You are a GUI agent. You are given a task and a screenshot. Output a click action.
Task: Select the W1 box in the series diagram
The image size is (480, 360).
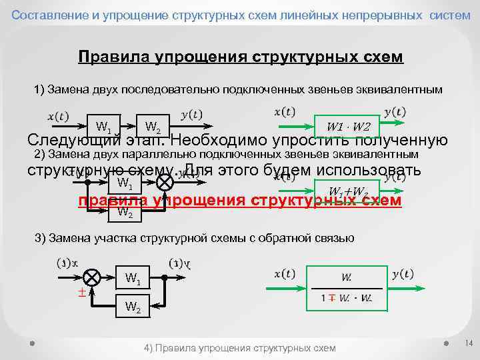pos(103,126)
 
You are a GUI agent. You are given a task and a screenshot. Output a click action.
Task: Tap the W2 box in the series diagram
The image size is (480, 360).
pos(152,126)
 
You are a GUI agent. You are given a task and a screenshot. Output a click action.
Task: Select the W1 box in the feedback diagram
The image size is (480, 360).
pos(132,277)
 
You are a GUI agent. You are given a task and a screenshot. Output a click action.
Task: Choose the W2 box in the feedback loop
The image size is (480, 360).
pos(132,307)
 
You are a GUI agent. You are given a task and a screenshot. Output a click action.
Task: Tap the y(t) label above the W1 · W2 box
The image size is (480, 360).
pos(395,111)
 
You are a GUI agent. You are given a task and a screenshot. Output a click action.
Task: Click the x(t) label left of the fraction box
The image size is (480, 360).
pos(285,274)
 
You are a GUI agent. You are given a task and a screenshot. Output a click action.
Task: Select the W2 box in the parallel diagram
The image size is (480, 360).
pos(125,213)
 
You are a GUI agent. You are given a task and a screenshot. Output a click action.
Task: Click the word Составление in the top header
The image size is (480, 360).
pos(43,15)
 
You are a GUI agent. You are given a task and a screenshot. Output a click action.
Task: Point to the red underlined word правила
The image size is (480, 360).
pos(112,201)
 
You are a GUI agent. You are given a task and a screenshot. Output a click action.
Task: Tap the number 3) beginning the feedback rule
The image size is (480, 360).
pos(38,238)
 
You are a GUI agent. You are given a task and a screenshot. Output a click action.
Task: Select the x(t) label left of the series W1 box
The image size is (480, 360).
pos(57,115)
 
